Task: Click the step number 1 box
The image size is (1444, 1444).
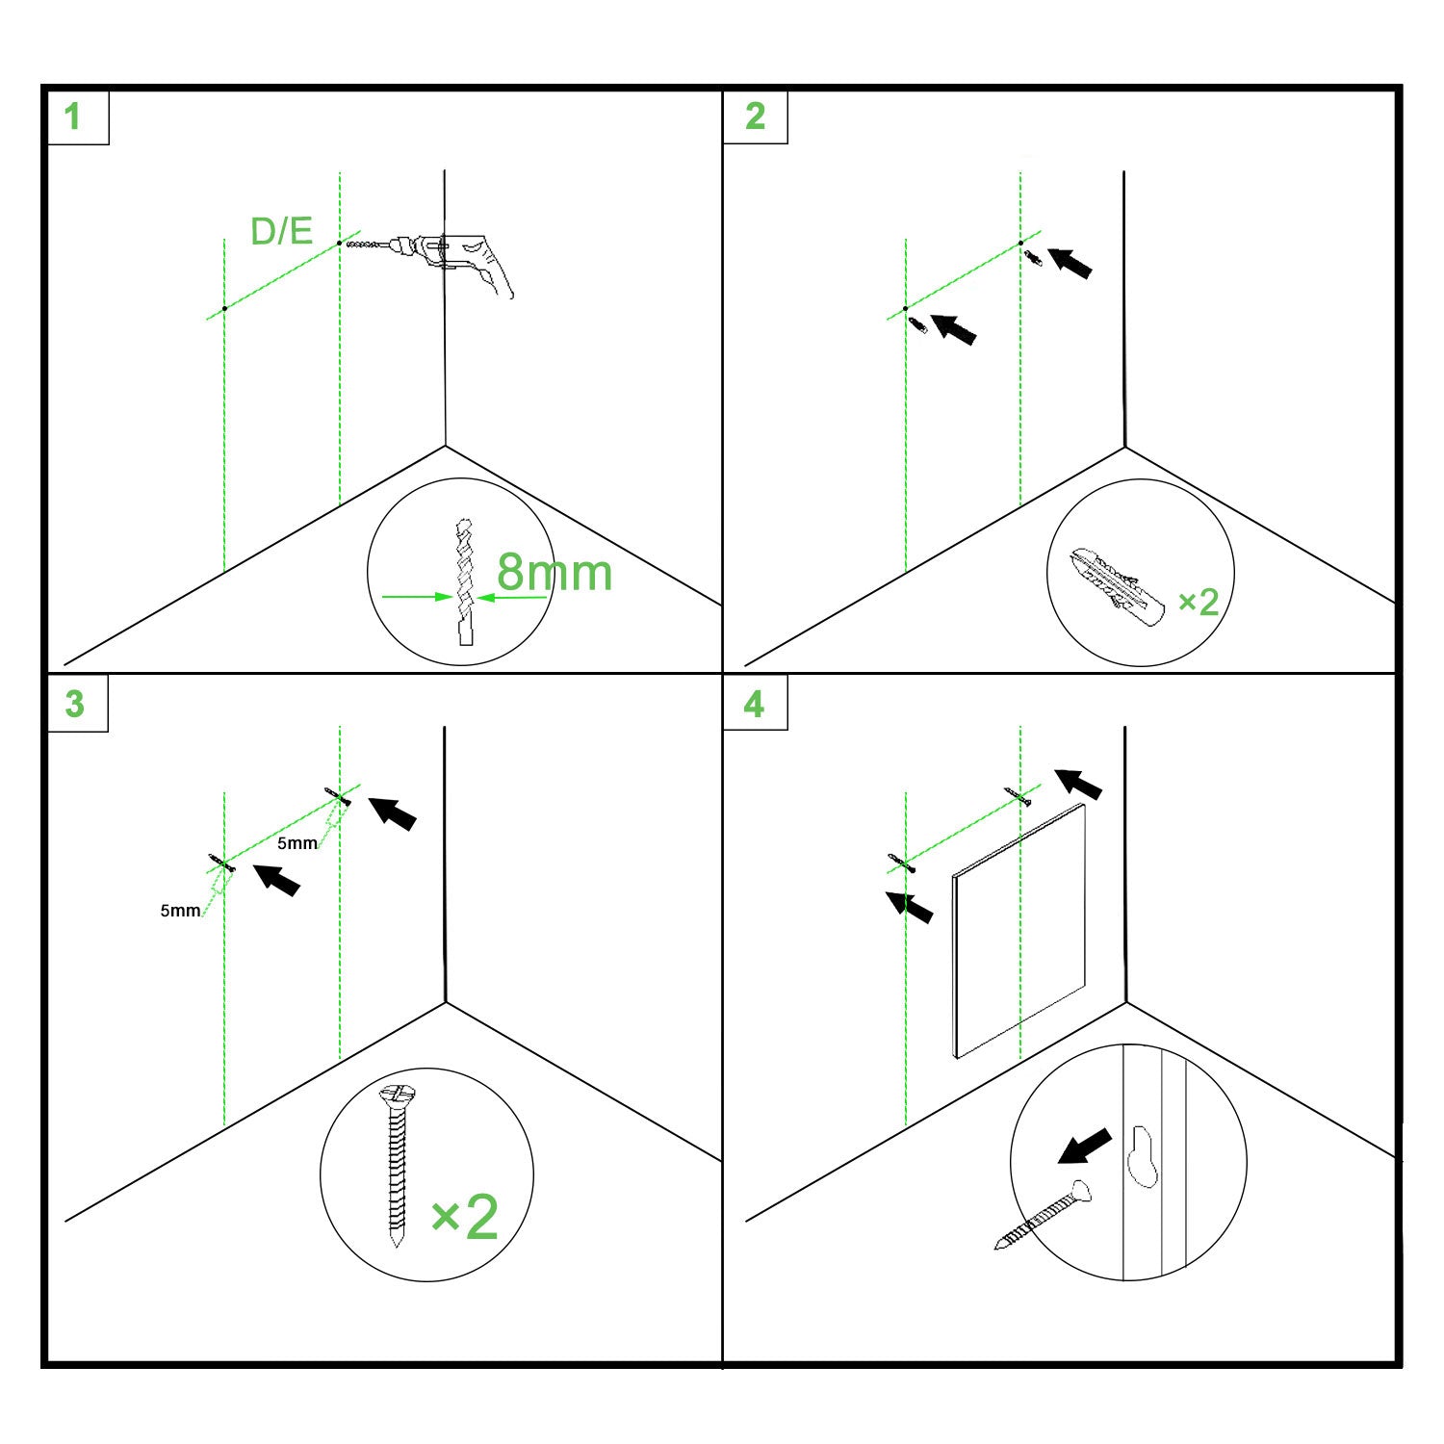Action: coord(77,116)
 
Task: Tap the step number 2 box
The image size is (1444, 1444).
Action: coord(756,116)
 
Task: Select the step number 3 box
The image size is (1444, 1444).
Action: coord(77,703)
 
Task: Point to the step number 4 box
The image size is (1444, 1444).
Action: coord(756,703)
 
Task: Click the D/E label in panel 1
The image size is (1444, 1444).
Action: coord(281,231)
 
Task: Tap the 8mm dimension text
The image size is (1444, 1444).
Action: coord(554,573)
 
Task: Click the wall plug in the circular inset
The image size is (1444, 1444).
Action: coord(1117,583)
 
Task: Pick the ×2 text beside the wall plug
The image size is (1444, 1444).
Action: coord(1199,603)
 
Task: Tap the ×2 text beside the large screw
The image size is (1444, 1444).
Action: coord(464,1217)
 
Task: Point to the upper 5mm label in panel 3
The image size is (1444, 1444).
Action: coord(297,843)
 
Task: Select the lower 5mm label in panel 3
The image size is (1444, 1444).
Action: coord(180,910)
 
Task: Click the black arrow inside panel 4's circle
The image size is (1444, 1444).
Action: coord(1084,1147)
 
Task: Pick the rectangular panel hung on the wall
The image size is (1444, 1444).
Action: coord(1019,931)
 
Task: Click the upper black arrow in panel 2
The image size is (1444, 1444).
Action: coord(1070,263)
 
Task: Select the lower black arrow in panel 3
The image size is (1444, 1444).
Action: coord(276,879)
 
